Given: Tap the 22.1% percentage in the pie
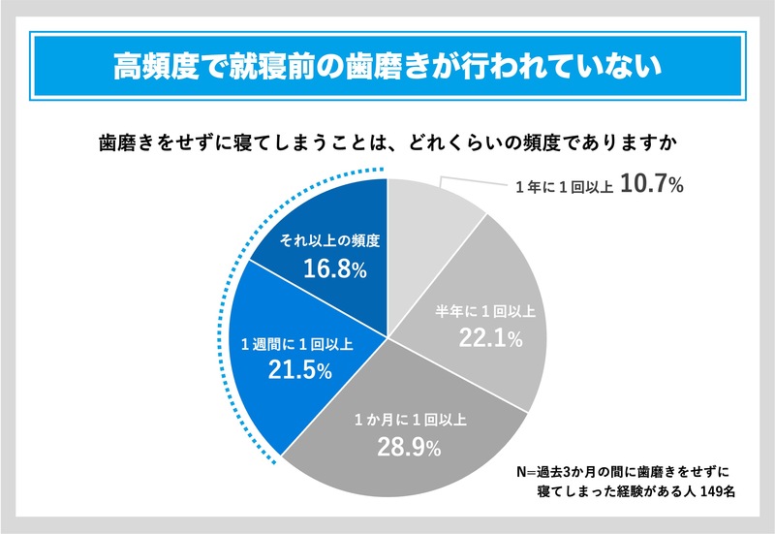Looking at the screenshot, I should click(x=490, y=338).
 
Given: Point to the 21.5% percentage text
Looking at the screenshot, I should click(x=299, y=370).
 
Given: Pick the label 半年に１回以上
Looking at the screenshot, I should click(x=489, y=311).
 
